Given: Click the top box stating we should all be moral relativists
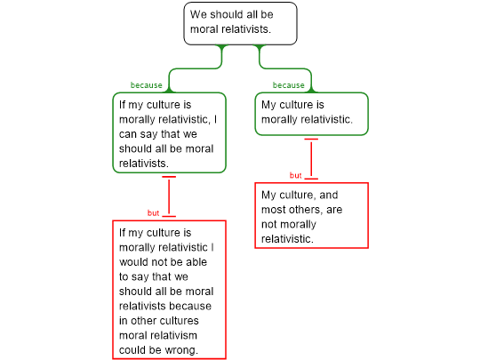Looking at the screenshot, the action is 240,24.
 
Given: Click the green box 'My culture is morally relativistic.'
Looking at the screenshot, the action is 311,114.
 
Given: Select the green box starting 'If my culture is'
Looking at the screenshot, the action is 169,132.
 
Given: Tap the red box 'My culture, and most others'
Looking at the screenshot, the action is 311,215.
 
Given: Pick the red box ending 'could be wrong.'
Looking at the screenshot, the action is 169,290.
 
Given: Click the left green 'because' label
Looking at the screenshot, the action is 147,85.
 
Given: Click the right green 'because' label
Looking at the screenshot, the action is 289,85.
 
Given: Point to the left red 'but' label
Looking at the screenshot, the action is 154,213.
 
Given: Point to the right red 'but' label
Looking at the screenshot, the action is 296,175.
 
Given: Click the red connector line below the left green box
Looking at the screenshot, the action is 169,196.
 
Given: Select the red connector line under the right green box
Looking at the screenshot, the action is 311,159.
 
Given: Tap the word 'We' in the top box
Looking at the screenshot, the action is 198,14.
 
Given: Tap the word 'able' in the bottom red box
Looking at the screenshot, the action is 196,261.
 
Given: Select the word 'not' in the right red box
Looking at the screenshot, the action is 269,224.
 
